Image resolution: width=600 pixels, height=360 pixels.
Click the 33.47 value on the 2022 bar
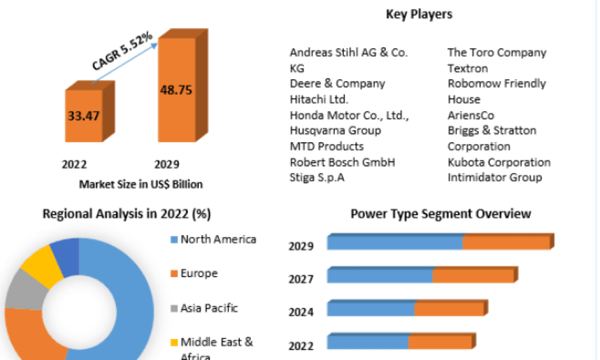click(x=83, y=116)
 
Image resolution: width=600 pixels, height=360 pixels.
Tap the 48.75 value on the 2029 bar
click(x=176, y=90)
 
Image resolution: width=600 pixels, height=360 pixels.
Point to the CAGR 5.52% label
click(x=122, y=51)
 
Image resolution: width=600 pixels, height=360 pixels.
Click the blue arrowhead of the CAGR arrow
click(x=154, y=46)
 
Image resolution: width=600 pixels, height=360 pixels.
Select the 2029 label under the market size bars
click(x=166, y=164)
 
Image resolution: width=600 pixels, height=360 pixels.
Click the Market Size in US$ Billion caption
click(x=141, y=184)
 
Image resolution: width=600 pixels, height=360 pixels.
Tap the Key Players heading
click(x=419, y=14)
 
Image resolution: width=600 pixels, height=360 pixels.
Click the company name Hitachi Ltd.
click(x=319, y=100)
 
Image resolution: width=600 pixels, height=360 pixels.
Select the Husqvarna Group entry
click(x=335, y=130)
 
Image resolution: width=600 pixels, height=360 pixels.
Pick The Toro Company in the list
click(x=497, y=52)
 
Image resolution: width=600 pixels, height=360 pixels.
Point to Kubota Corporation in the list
click(x=499, y=162)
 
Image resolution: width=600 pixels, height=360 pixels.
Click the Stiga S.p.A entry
click(x=317, y=178)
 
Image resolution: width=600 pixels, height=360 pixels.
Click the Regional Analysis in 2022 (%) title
click(x=127, y=214)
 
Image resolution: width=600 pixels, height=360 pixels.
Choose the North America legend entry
click(x=214, y=239)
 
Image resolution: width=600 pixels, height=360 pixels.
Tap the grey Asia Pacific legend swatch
click(x=174, y=308)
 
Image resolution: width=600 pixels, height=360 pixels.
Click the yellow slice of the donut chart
click(x=42, y=266)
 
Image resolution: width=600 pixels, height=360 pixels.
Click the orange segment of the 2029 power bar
click(x=506, y=242)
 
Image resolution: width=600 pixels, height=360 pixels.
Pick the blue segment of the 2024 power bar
click(x=371, y=309)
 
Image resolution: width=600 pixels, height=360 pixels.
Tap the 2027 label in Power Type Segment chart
click(x=301, y=279)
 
